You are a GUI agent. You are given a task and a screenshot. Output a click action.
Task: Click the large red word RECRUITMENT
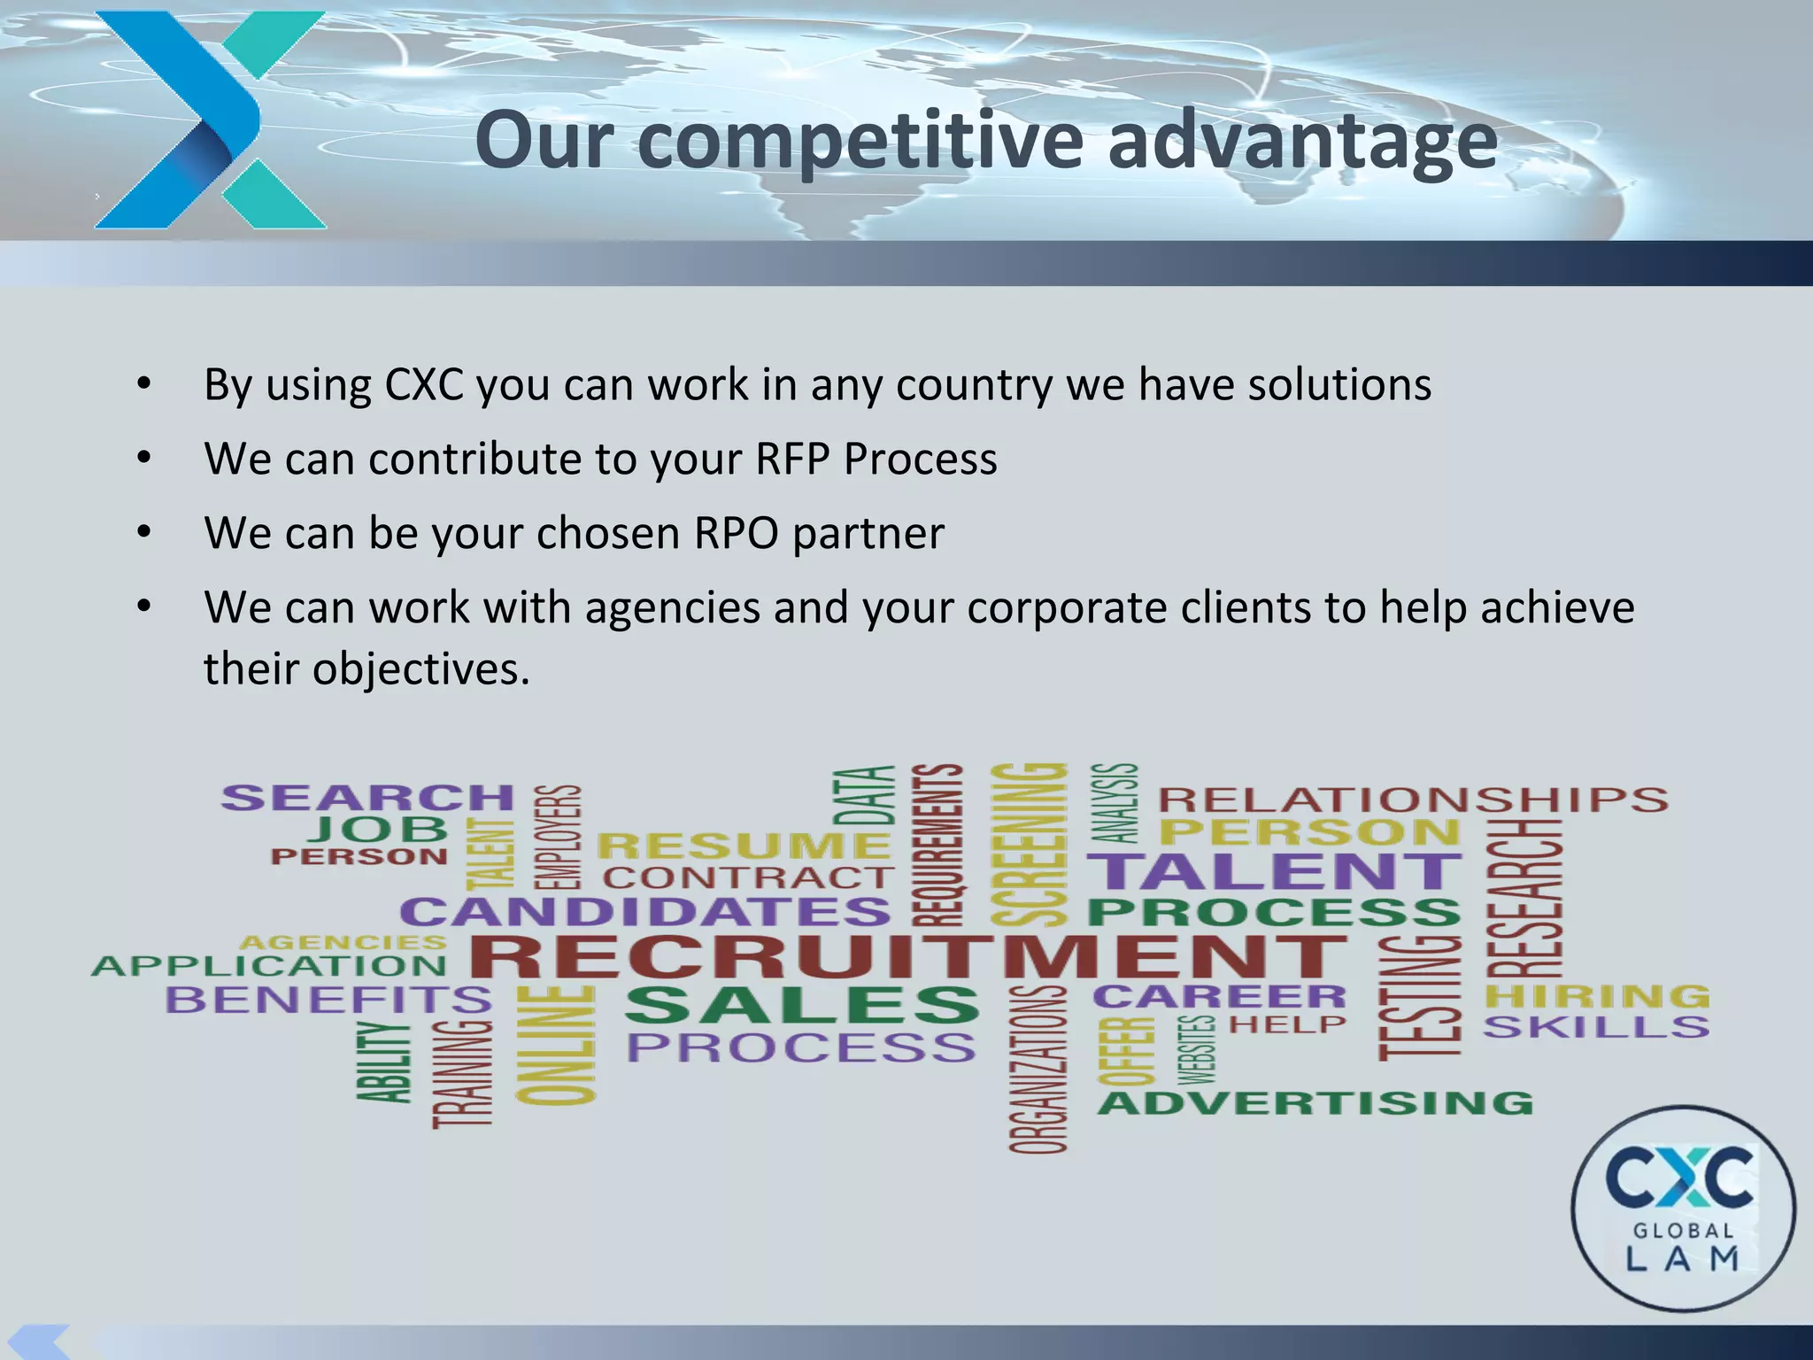click(x=907, y=956)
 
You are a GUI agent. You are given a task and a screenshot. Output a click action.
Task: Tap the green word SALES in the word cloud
click(x=802, y=1005)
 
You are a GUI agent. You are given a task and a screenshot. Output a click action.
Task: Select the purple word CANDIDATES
click(x=645, y=912)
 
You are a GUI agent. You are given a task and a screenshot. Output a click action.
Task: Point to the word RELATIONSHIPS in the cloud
click(x=1413, y=800)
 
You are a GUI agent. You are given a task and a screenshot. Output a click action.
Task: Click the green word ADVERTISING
click(x=1315, y=1103)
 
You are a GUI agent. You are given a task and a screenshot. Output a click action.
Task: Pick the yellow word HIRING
click(x=1597, y=996)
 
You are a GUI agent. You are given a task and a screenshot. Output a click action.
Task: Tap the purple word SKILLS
click(x=1596, y=1027)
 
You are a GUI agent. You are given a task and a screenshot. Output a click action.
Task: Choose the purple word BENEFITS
click(x=328, y=1000)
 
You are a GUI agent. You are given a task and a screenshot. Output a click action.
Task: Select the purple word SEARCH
click(x=367, y=798)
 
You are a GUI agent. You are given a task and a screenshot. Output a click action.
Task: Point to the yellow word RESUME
click(x=744, y=846)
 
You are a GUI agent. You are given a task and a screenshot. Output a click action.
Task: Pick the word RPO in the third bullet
click(x=736, y=533)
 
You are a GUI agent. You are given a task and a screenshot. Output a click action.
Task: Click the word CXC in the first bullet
click(x=424, y=384)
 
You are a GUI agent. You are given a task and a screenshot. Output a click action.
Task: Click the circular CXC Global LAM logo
click(x=1683, y=1208)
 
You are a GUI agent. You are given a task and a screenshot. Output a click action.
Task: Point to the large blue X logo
click(x=209, y=120)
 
